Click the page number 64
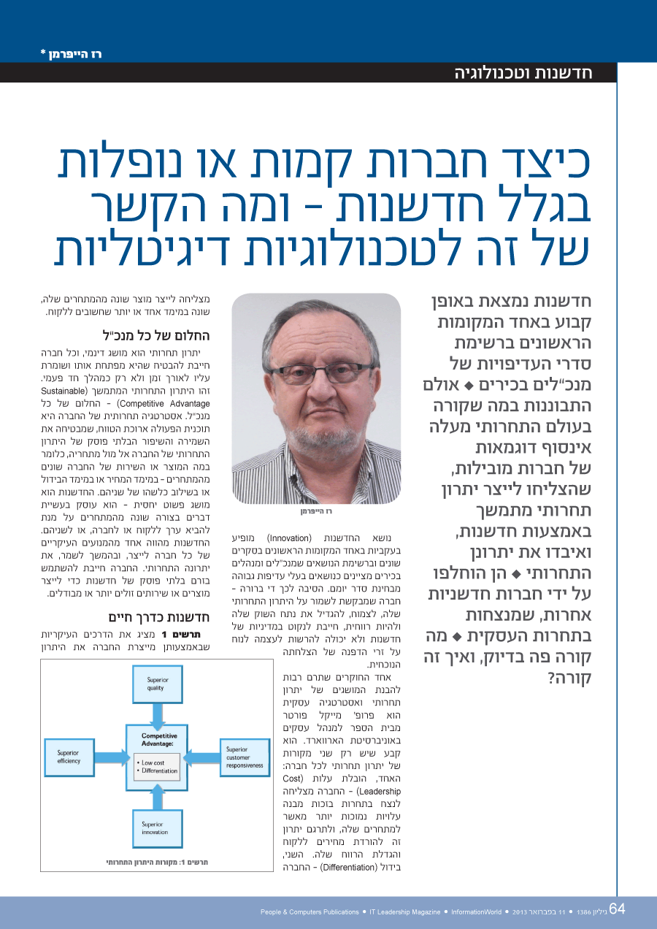coord(617,909)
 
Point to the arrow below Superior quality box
coord(159,714)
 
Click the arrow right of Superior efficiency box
coord(112,757)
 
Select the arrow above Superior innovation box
coord(159,798)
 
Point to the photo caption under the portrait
coord(316,511)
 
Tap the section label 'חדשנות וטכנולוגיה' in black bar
coord(523,72)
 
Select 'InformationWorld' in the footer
coord(476,912)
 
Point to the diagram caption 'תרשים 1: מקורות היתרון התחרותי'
coord(156,863)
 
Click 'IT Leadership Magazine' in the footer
coord(405,912)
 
